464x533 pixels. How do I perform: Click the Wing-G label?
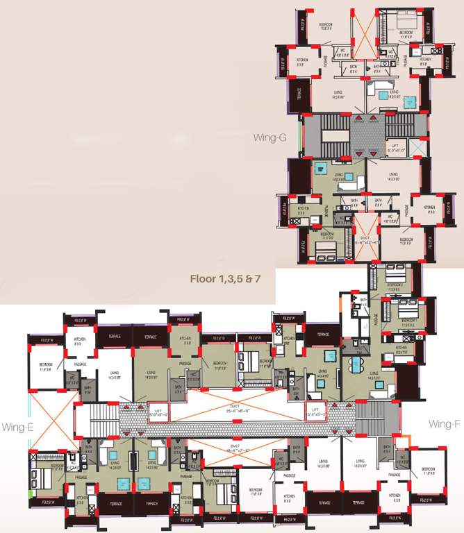click(272, 137)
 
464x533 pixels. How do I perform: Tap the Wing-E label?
click(15, 425)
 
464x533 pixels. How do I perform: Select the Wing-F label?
click(442, 423)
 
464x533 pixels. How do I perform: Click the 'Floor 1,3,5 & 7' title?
click(225, 280)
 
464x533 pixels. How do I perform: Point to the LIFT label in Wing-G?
click(397, 146)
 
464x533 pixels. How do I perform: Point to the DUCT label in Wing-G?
click(365, 241)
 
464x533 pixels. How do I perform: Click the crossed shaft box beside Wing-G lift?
click(416, 148)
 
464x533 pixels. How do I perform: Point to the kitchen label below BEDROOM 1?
click(401, 348)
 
